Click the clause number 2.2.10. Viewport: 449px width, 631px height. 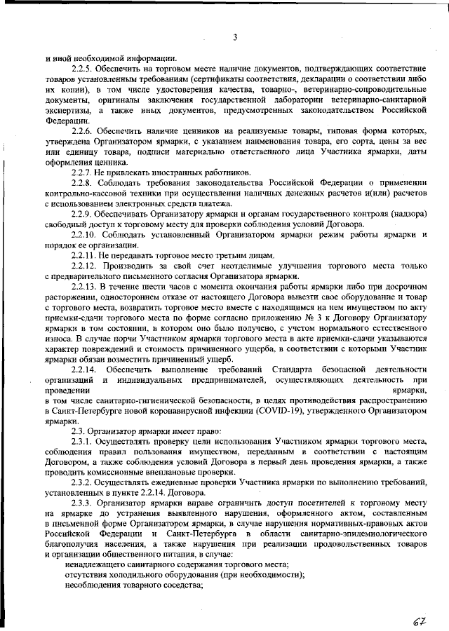point(86,234)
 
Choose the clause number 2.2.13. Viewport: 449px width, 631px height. point(86,287)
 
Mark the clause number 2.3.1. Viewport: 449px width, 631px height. point(83,444)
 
